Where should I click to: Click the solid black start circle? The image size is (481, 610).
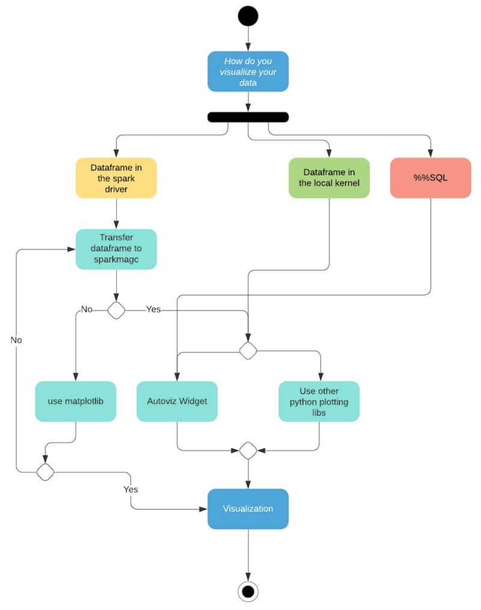[x=248, y=16]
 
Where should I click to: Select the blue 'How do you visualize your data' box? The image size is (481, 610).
[x=248, y=72]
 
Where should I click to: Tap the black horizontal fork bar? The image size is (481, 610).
[x=248, y=117]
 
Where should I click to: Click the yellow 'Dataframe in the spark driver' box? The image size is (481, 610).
[x=116, y=178]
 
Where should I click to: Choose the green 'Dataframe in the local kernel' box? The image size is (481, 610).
[x=329, y=178]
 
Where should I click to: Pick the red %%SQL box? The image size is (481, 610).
[x=430, y=178]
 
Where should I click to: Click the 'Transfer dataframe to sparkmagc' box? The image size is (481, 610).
[x=116, y=249]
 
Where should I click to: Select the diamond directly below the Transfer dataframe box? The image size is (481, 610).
[x=116, y=310]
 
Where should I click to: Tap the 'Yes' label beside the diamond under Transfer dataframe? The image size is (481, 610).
[x=154, y=309]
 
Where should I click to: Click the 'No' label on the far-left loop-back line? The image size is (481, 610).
[x=16, y=340]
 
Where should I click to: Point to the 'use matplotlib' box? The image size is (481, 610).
[x=76, y=401]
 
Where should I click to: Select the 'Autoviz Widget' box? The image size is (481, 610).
[x=177, y=401]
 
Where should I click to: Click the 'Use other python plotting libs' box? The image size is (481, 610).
[x=319, y=401]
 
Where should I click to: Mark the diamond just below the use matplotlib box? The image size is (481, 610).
[x=45, y=472]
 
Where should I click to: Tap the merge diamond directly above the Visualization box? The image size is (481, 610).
[x=248, y=450]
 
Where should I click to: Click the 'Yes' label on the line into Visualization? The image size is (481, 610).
[x=130, y=489]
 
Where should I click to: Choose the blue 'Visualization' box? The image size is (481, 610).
[x=248, y=509]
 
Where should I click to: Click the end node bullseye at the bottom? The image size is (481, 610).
[x=248, y=592]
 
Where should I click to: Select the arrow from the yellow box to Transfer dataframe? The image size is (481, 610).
[x=116, y=213]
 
